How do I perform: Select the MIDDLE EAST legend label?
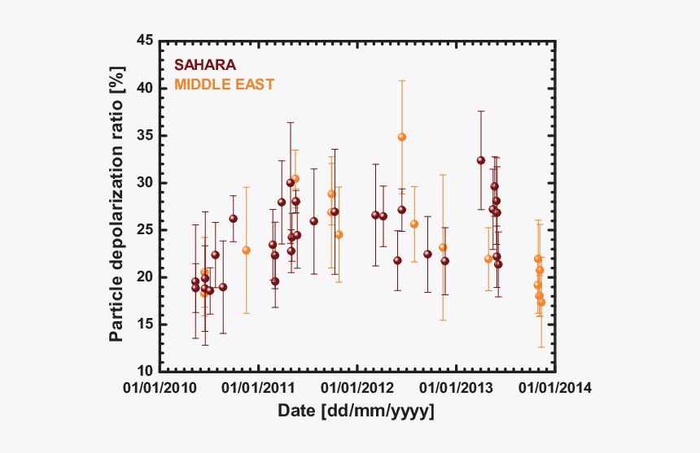pos(224,84)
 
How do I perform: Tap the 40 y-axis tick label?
pos(144,88)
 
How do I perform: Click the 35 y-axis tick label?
pos(144,135)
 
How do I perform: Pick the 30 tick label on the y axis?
pos(144,182)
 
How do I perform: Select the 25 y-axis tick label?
pos(144,229)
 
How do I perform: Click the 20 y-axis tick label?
pos(144,277)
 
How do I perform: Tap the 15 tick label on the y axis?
pos(144,324)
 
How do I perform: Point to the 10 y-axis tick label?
pos(144,371)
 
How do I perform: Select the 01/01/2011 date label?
pos(260,388)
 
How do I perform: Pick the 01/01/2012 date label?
pos(356,388)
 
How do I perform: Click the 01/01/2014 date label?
pos(551,388)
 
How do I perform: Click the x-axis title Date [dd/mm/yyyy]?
pos(357,411)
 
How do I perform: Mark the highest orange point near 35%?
pos(401,137)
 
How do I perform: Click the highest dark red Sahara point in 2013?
pos(481,160)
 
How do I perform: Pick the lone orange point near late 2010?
pos(246,250)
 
